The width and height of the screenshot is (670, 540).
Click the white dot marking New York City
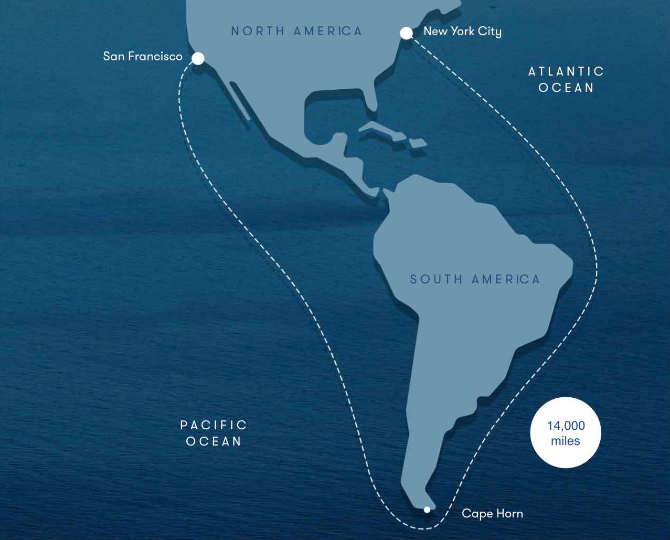406,33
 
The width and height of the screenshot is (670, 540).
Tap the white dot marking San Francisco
198,58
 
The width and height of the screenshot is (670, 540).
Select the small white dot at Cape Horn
427,510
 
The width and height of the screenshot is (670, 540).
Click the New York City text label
462,31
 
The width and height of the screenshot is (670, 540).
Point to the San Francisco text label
143,56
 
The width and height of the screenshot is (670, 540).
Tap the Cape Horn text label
492,513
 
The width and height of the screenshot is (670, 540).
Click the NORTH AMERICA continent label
297,31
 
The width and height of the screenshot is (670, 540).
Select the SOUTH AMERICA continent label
475,279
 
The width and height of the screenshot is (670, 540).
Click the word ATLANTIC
566,71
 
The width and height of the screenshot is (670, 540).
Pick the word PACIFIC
214,425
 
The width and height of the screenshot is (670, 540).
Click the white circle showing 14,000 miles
566,432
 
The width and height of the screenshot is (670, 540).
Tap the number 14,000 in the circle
566,426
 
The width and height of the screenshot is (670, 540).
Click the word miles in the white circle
566,441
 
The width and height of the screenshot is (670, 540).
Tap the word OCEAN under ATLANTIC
566,88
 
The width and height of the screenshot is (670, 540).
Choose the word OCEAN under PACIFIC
214,441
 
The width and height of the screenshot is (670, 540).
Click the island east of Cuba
418,143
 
